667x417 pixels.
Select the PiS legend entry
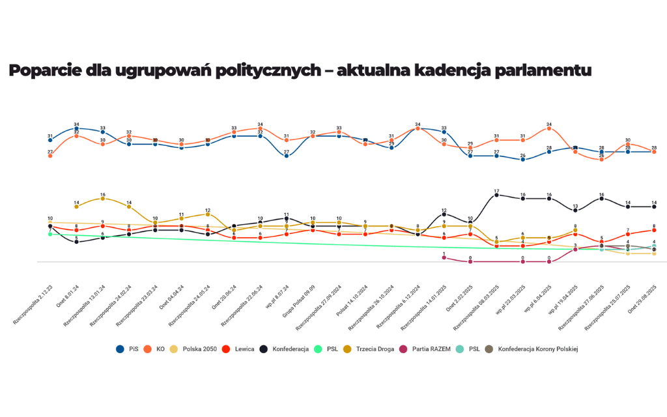tap(128, 349)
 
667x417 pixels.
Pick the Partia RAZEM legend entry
tap(430, 349)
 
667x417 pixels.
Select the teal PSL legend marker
tap(469, 349)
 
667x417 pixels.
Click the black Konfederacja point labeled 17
tap(496, 194)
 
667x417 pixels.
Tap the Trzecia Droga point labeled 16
tap(103, 198)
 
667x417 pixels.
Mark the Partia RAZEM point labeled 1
tap(444, 257)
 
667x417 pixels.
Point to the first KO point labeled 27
tap(50, 156)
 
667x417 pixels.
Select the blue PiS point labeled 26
tap(522, 160)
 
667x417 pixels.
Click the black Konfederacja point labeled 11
tap(287, 218)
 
